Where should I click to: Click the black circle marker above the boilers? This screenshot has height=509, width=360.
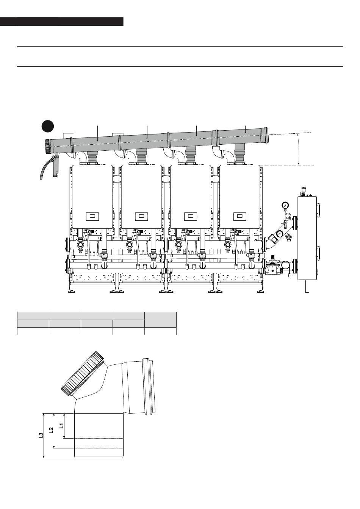point(47,126)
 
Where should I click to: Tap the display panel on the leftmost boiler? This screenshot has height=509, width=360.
point(92,216)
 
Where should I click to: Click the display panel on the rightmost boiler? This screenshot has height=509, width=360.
point(240,216)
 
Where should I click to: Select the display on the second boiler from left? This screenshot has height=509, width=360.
point(141,216)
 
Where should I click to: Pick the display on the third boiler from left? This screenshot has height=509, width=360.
point(191,216)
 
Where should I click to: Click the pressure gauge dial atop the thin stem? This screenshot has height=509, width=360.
point(285,205)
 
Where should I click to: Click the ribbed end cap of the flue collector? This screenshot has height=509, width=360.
point(47,146)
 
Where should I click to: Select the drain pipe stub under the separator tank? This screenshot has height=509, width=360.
point(307,287)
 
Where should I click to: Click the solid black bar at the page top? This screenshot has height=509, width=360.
point(62,21)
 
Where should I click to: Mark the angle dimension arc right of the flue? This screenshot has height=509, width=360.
point(299,149)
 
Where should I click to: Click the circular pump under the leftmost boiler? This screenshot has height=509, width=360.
point(80,245)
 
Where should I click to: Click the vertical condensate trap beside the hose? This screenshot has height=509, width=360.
point(55,166)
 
